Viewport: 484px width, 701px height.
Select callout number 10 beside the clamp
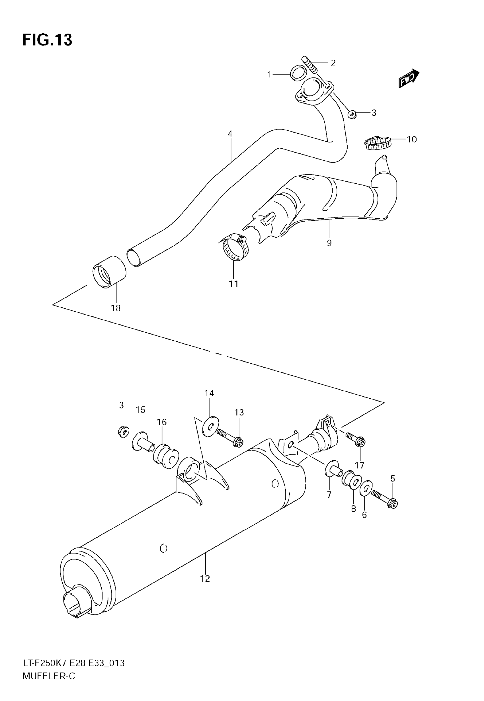pyautogui.click(x=411, y=140)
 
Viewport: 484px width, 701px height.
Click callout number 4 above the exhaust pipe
pyautogui.click(x=230, y=134)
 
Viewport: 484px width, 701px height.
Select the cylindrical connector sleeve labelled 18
pyautogui.click(x=109, y=272)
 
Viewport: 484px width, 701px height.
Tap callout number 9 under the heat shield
pyautogui.click(x=329, y=243)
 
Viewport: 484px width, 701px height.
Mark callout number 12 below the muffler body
pyautogui.click(x=205, y=579)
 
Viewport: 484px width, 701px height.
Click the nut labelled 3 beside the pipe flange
pyautogui.click(x=352, y=114)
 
